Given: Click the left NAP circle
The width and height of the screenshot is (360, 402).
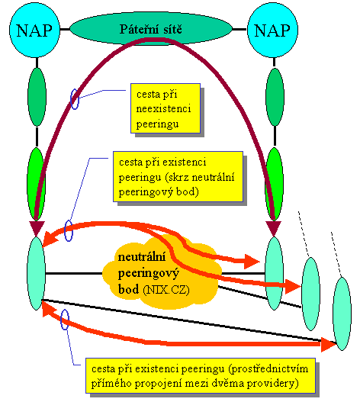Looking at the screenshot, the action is [x=34, y=30].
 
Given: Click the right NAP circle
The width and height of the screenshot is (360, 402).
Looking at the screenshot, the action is [x=272, y=30].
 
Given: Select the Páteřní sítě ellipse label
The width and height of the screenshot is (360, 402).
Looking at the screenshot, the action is [x=151, y=29].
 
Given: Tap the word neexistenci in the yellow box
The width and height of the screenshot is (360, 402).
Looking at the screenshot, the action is [x=163, y=109].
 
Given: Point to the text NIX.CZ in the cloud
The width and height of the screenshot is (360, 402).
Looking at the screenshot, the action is [x=166, y=290].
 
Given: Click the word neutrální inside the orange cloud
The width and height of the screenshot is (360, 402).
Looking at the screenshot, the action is [x=142, y=257].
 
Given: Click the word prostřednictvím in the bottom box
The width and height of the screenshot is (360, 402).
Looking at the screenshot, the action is [x=268, y=369].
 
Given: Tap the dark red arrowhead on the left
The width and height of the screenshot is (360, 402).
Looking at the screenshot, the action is [x=37, y=227].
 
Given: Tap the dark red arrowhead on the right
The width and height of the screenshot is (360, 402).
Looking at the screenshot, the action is [x=274, y=227].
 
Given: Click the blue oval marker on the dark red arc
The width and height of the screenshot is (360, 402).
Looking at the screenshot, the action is [x=75, y=99].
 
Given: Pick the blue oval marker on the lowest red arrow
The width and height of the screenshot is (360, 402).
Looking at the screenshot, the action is [x=65, y=320].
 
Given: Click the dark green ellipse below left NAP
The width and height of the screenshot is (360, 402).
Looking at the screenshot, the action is [x=37, y=97].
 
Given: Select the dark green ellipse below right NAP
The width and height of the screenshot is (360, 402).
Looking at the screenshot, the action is [x=275, y=97].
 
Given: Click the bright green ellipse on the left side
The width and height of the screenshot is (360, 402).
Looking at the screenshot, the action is [x=36, y=184].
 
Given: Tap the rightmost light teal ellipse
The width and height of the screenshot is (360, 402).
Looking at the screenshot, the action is [x=342, y=314].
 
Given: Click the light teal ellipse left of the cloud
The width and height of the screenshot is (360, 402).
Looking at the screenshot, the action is [x=36, y=273].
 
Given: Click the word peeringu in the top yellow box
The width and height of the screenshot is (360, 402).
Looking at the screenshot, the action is [x=157, y=124].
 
